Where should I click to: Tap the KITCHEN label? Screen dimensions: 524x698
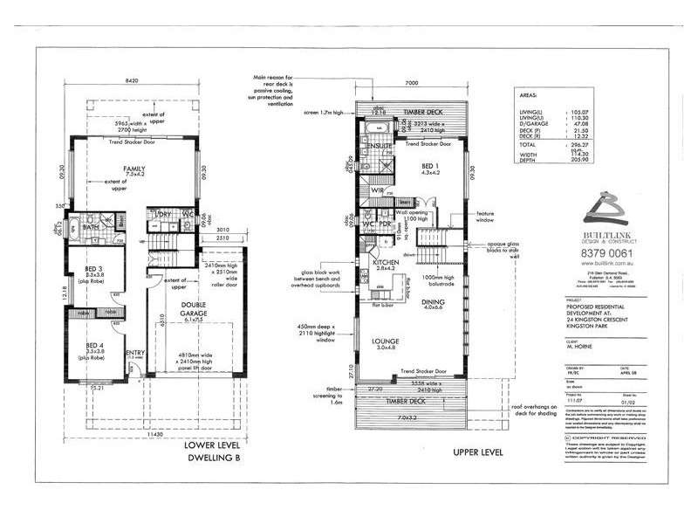point(386,262)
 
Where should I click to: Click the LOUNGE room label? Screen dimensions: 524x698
point(384,341)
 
